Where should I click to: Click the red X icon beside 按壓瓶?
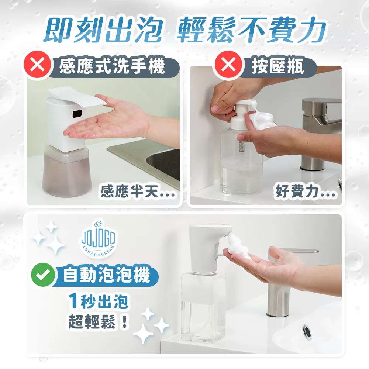[x=229, y=67]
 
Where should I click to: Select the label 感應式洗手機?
[x=113, y=67]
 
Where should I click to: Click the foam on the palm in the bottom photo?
[x=238, y=246]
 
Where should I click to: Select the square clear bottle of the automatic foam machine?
[x=203, y=306]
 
